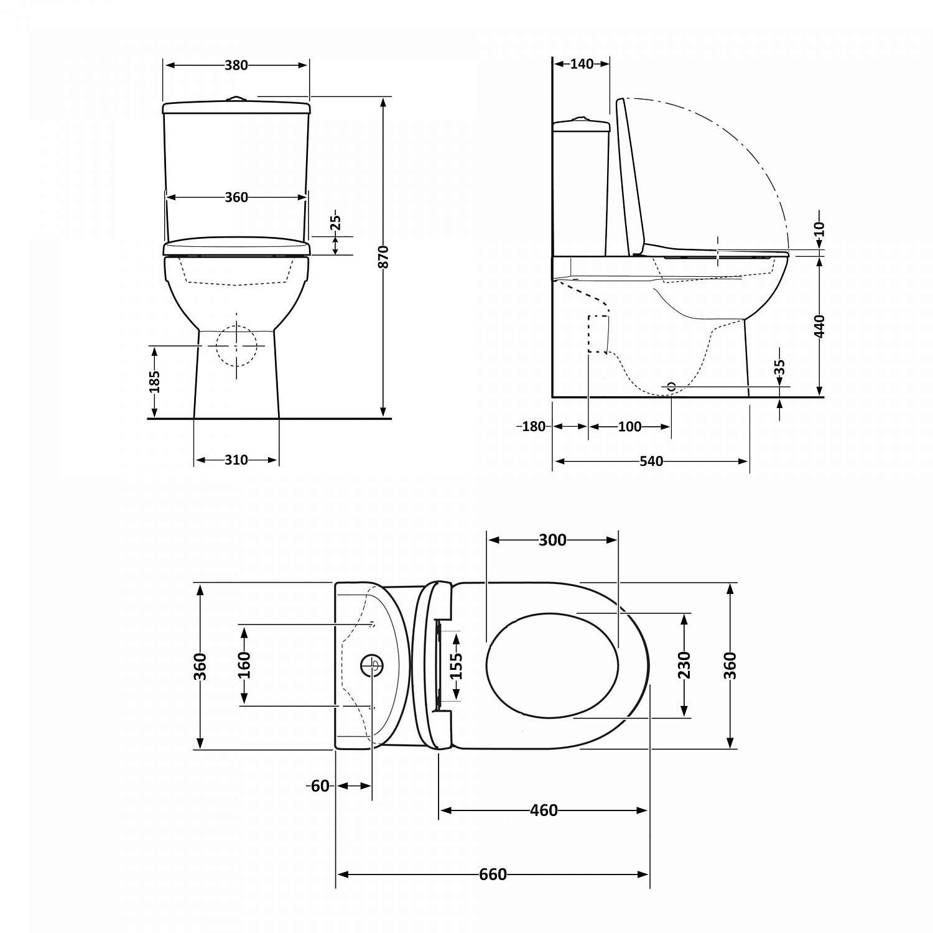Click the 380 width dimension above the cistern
pyautogui.click(x=236, y=65)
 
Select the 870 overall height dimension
pyautogui.click(x=384, y=257)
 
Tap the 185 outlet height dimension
pyautogui.click(x=155, y=381)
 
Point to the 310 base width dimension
pyautogui.click(x=236, y=460)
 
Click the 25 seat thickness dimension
pyautogui.click(x=335, y=222)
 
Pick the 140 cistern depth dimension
pyautogui.click(x=582, y=64)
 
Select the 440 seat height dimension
pyautogui.click(x=820, y=326)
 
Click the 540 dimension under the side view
pyautogui.click(x=651, y=462)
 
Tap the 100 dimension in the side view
pyautogui.click(x=629, y=427)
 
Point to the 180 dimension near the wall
pyautogui.click(x=533, y=427)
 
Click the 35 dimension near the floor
pyautogui.click(x=780, y=367)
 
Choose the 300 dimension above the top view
pyautogui.click(x=552, y=540)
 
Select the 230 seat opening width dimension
pyautogui.click(x=684, y=664)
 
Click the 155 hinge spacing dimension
pyautogui.click(x=457, y=666)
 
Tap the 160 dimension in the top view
pyautogui.click(x=244, y=664)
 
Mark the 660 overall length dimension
pyautogui.click(x=493, y=875)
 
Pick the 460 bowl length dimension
pyautogui.click(x=544, y=810)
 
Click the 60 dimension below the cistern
pyautogui.click(x=320, y=786)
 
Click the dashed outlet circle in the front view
pyautogui.click(x=236, y=346)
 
